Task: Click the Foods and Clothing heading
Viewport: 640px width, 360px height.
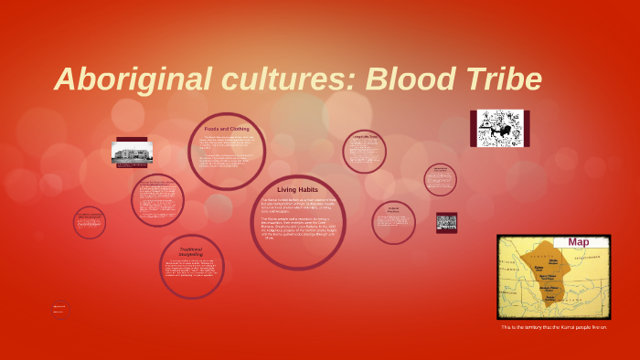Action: pyautogui.click(x=227, y=129)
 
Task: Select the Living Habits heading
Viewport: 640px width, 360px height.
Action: pyautogui.click(x=296, y=189)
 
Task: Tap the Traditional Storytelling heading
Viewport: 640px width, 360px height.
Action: pyautogui.click(x=191, y=251)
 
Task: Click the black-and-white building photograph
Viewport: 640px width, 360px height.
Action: pyautogui.click(x=132, y=153)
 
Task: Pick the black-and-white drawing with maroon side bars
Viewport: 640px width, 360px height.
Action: pyautogui.click(x=499, y=129)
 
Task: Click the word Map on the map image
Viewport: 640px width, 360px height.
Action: pyautogui.click(x=579, y=242)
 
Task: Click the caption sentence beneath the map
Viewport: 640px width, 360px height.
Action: pyautogui.click(x=553, y=326)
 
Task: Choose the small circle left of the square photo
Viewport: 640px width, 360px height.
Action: pyautogui.click(x=393, y=222)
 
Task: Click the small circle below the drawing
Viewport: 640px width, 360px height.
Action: pyautogui.click(x=440, y=178)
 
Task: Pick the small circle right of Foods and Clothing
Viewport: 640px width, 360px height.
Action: pyautogui.click(x=364, y=151)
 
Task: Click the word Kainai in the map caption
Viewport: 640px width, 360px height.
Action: pyautogui.click(x=567, y=326)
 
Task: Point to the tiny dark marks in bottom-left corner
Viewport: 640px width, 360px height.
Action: pyautogui.click(x=59, y=309)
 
